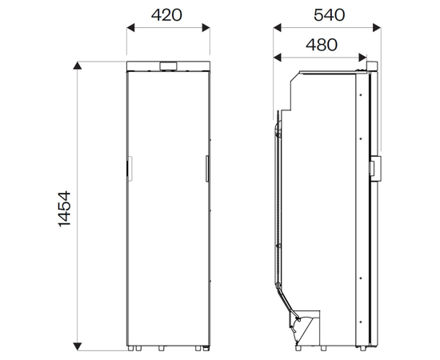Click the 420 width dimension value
pos(166,15)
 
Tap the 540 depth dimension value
pos(329,15)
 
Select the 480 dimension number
pos(322,45)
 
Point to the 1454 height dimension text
pos(64,209)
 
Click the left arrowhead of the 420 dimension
pos(130,28)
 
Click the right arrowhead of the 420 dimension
pos(206,28)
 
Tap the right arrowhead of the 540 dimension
pos(377,28)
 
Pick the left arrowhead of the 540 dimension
pos(278,28)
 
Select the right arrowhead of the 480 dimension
pos(362,58)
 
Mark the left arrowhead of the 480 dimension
pos(278,58)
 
